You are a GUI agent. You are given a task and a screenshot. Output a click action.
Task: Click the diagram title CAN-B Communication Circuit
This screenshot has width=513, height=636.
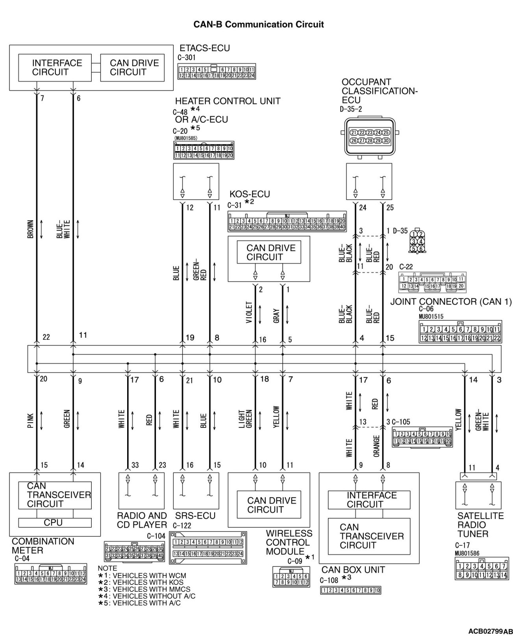(259, 25)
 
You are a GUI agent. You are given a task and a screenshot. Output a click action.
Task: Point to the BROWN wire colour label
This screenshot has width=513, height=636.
(31, 229)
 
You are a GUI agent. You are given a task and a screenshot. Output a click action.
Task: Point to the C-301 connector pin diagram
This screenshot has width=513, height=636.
(216, 72)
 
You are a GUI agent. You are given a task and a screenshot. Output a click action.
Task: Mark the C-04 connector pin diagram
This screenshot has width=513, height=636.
(50, 574)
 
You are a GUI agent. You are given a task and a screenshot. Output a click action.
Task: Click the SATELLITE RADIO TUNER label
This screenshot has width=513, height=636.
(480, 525)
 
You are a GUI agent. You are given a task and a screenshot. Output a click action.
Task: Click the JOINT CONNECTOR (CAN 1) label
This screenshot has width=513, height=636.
(450, 302)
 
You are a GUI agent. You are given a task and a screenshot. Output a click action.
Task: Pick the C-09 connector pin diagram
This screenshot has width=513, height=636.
(291, 577)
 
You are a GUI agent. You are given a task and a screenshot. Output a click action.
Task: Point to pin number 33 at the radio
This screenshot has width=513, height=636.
(135, 465)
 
